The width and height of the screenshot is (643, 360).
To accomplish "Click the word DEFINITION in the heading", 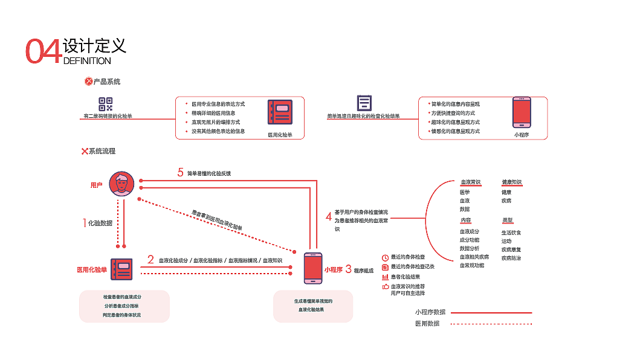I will click(87, 61).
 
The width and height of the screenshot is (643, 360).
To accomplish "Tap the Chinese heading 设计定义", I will click(94, 46).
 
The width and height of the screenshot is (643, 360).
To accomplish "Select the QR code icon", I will click(106, 104).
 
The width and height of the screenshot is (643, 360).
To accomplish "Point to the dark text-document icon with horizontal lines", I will click(364, 103).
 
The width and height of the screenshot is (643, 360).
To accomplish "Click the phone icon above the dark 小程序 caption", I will click(521, 112).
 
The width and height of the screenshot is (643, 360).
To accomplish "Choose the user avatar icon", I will click(121, 184).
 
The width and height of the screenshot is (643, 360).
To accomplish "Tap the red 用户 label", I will click(97, 185).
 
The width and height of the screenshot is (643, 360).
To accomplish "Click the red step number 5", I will click(180, 172).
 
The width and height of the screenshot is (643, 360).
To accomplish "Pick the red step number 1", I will click(84, 222).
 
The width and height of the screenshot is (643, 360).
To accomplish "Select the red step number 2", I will click(150, 260).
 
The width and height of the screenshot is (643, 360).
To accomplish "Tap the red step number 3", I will click(348, 269).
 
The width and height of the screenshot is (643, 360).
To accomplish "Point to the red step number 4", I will click(328, 216).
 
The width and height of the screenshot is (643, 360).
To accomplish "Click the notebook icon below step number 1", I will click(121, 269).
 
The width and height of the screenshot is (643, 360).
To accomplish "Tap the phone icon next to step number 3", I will click(312, 268).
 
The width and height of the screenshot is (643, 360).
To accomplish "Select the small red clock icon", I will click(385, 257).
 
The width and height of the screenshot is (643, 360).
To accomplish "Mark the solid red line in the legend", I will click(491, 313).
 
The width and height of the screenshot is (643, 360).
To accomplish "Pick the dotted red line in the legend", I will click(491, 324).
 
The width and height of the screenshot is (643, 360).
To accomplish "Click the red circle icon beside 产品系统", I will click(88, 81).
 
